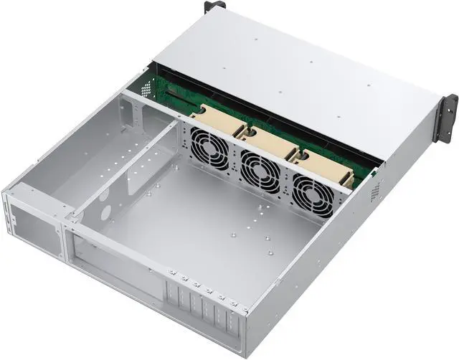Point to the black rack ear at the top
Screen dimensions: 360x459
point(214,6)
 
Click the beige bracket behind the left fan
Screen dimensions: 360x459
point(215,115)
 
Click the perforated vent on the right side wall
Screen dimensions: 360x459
point(374,190)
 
